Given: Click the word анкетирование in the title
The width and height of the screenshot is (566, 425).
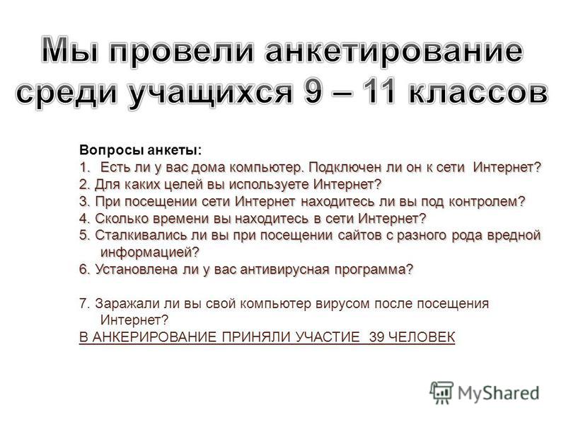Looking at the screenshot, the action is pos(394,51).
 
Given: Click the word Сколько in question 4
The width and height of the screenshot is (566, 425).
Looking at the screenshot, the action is pos(122,219).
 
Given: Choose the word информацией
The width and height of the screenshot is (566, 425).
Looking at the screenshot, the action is pos(150,252).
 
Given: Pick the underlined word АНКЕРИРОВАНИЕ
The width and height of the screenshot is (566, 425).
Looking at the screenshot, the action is pos(155,337).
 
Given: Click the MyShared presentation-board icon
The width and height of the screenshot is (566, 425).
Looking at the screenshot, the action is pos(441,392).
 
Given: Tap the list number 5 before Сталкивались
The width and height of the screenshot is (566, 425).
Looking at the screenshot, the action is pos(84,235).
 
